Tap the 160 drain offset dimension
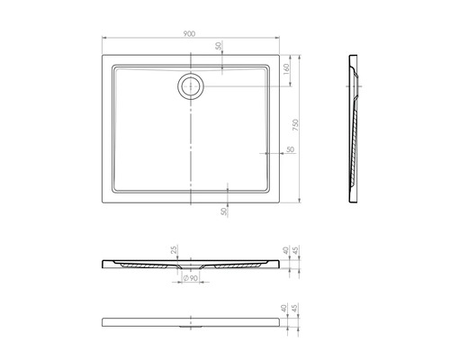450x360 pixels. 285,67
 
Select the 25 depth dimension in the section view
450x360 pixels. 174,250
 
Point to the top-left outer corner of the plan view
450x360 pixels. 99,55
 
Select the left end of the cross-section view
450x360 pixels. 102,263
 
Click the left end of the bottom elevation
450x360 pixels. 102,322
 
